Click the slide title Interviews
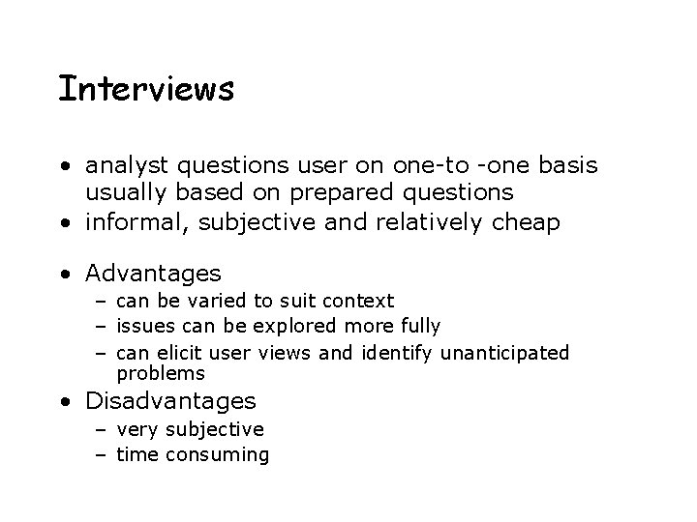pyautogui.click(x=146, y=89)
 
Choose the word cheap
pyautogui.click(x=525, y=223)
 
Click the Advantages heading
pyautogui.click(x=154, y=274)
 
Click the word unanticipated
pyautogui.click(x=504, y=352)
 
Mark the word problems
pyautogui.click(x=161, y=373)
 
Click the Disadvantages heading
pyautogui.click(x=171, y=400)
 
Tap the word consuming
pyautogui.click(x=218, y=453)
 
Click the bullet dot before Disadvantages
pyautogui.click(x=64, y=401)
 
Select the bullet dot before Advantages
pyautogui.click(x=64, y=275)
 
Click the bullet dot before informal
pyautogui.click(x=64, y=224)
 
